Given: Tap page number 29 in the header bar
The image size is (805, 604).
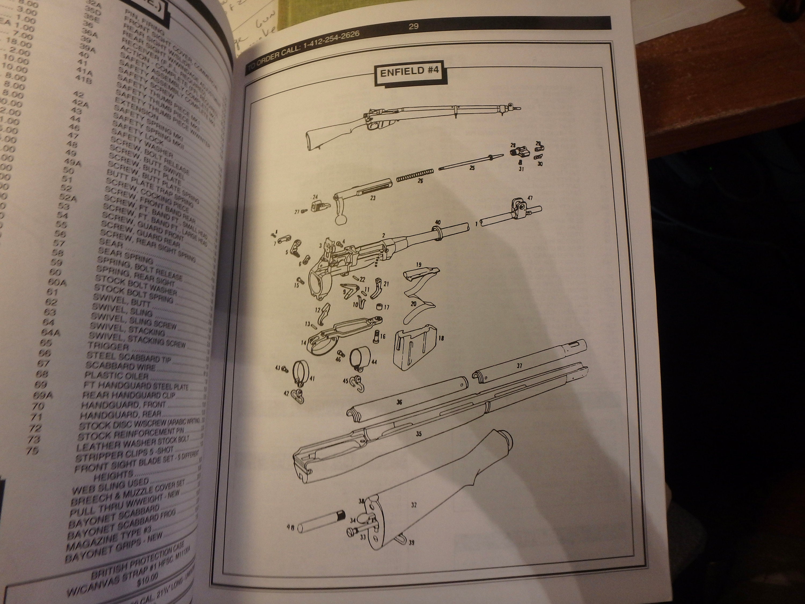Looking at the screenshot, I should [x=414, y=26].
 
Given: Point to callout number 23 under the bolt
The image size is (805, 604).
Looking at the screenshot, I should [x=373, y=198].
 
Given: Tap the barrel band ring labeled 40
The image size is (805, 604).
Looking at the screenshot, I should [x=436, y=233].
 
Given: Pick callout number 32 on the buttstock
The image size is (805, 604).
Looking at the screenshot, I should [x=414, y=505].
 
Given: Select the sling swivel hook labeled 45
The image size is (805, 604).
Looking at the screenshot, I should [x=356, y=383].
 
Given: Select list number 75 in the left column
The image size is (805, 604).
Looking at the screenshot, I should [x=33, y=450].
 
